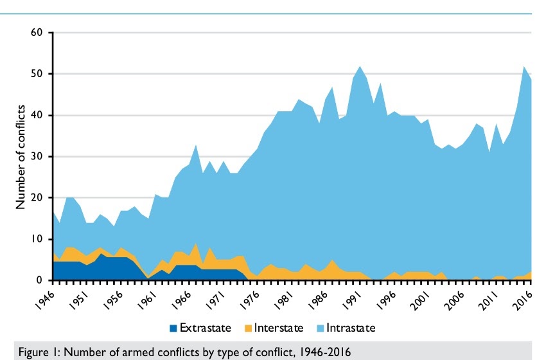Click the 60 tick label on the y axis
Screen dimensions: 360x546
pos(37,33)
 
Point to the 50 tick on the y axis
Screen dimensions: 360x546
pos(37,74)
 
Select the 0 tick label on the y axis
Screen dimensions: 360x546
pos(40,281)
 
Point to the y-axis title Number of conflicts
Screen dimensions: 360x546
pos(20,157)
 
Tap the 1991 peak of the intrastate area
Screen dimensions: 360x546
pos(360,66)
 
